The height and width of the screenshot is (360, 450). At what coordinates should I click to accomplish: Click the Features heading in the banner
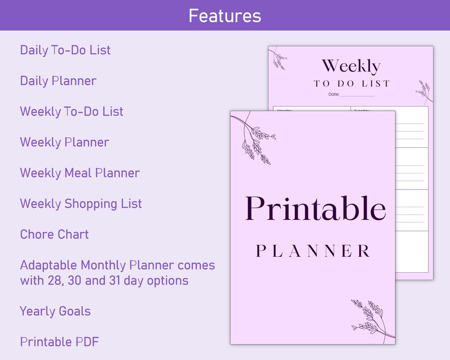point(225,15)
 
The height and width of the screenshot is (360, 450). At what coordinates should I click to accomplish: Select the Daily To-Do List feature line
point(65,50)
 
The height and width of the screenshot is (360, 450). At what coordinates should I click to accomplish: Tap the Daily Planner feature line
point(58,81)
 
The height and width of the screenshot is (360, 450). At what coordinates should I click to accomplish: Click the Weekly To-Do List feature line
point(71,111)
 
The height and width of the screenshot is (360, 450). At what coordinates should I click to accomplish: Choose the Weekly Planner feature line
point(65,142)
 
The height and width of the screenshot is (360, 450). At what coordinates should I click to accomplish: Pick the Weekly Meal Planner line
point(80,173)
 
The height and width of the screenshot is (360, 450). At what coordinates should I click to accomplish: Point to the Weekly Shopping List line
point(80,204)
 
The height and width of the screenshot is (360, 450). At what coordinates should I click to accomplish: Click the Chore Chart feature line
point(54,234)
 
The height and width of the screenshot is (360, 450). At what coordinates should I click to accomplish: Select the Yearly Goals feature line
point(55,311)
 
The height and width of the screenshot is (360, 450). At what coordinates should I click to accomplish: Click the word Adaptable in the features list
point(49,265)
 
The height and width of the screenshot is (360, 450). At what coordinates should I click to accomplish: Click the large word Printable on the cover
point(315,209)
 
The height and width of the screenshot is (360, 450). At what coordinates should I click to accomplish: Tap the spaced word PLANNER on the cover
point(313,251)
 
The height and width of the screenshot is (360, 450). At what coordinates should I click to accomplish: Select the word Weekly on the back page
point(351,66)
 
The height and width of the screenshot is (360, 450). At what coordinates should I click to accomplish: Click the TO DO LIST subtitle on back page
point(352,83)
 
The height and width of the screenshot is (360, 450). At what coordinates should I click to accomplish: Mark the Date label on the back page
point(334,94)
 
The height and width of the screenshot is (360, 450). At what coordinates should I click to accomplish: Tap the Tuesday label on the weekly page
point(362,110)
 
